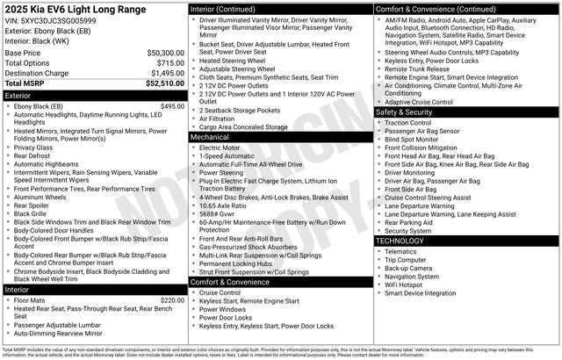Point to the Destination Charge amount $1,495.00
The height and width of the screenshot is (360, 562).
[164, 74]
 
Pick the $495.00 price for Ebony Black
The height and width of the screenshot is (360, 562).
[172, 106]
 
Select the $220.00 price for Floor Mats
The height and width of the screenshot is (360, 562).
[172, 300]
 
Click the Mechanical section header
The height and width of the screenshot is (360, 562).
[211, 137]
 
